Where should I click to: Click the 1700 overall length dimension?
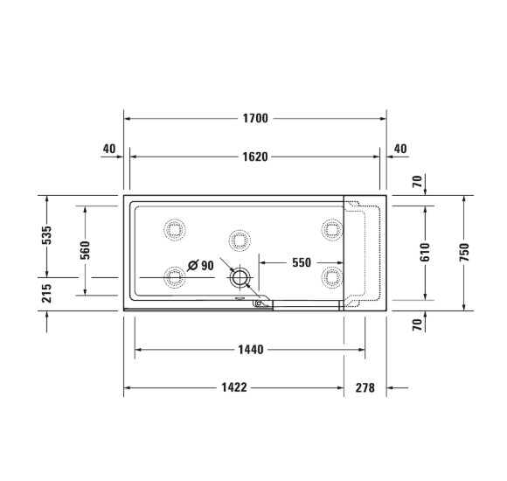pyautogui.click(x=255, y=118)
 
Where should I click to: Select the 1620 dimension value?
pyautogui.click(x=255, y=157)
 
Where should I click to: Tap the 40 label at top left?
pyautogui.click(x=109, y=149)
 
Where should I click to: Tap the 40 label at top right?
pyautogui.click(x=400, y=149)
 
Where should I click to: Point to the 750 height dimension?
pyautogui.click(x=464, y=252)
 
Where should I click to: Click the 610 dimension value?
pyautogui.click(x=426, y=252)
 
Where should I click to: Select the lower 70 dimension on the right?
pyautogui.click(x=418, y=324)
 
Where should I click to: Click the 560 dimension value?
pyautogui.click(x=85, y=251)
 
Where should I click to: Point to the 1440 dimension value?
pyautogui.click(x=251, y=349)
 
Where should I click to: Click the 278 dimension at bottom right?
pyautogui.click(x=365, y=387)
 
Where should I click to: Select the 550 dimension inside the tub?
pyautogui.click(x=302, y=262)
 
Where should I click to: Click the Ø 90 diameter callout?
pyautogui.click(x=201, y=265)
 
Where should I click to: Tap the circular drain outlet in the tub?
pyautogui.click(x=240, y=278)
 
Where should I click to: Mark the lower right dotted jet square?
pyautogui.click(x=330, y=277)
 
